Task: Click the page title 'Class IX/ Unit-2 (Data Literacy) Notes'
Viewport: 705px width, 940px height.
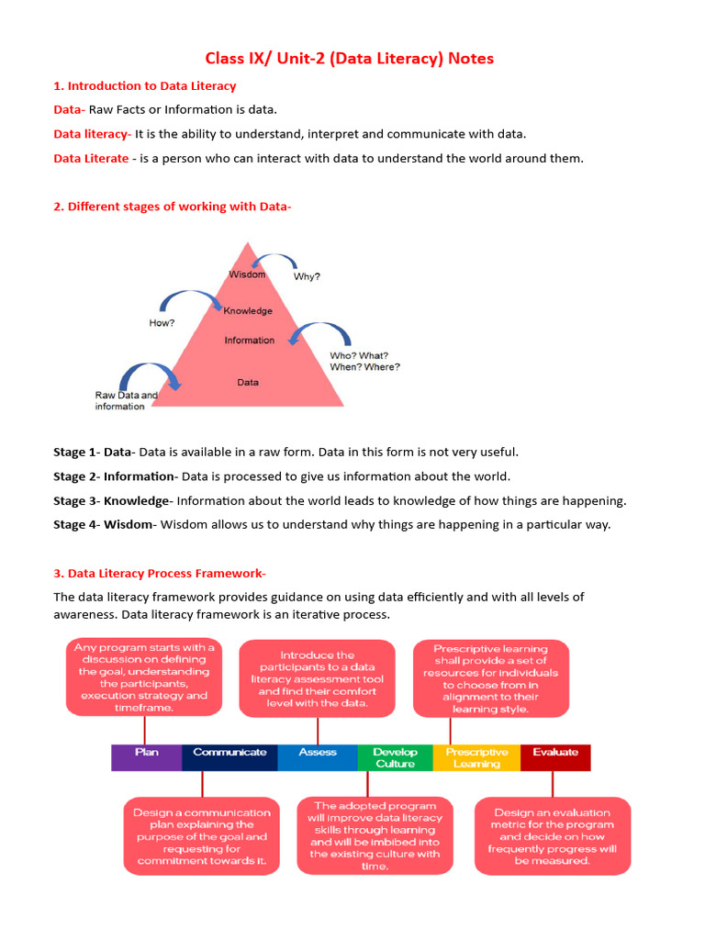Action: point(349,59)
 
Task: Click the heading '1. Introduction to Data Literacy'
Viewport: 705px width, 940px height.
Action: point(144,86)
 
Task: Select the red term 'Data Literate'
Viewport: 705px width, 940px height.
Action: point(91,158)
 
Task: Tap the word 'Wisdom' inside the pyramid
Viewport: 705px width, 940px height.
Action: point(247,274)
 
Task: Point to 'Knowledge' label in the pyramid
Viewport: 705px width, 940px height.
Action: point(248,311)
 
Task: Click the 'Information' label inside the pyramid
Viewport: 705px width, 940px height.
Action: point(249,341)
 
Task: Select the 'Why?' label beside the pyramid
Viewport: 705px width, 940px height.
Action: point(307,276)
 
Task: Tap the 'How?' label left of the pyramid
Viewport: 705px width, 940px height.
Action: point(162,323)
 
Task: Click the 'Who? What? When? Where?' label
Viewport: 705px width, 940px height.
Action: point(364,361)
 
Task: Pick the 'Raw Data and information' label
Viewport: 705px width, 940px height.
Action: point(126,400)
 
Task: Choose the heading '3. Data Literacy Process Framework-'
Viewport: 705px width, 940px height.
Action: point(160,574)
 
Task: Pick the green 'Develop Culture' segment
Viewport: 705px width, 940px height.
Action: point(395,757)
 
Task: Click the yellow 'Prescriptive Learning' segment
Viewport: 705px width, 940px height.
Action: point(476,757)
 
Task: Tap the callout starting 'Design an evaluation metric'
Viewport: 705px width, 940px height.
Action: point(553,836)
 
